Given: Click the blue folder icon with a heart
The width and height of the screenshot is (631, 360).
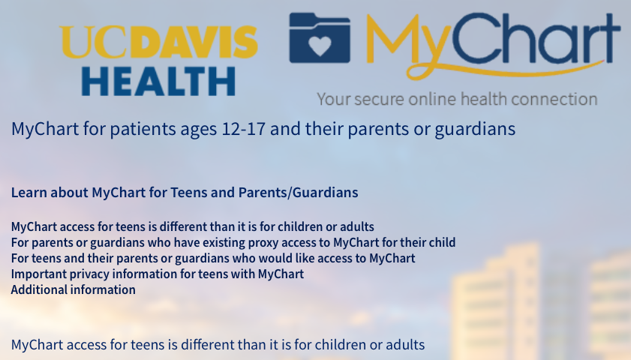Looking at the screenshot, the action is [x=320, y=37].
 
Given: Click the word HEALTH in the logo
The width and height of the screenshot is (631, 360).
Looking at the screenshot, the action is [x=158, y=81].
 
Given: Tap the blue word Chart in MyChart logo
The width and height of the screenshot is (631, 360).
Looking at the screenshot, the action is [x=536, y=37].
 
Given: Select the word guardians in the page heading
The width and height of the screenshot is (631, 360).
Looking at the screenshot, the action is [x=475, y=130].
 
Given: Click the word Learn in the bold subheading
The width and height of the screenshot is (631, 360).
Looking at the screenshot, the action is [x=29, y=192].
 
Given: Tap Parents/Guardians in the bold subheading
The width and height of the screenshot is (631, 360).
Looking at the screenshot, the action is [x=298, y=193].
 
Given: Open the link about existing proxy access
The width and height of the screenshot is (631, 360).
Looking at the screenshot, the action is [x=233, y=242].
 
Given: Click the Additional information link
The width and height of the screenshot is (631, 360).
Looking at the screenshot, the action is [x=74, y=289].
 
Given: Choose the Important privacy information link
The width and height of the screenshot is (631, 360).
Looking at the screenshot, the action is [x=158, y=274].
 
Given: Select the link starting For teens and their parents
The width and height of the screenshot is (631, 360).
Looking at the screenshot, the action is [x=213, y=258].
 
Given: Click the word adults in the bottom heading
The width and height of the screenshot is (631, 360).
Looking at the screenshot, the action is [x=405, y=345].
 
